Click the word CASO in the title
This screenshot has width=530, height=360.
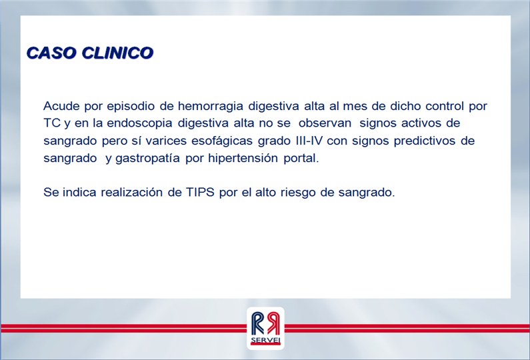pos(52,53)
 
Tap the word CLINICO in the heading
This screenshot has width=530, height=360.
pos(117,53)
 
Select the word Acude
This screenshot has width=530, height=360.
pos(61,106)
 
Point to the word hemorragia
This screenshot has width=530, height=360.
pos(211,106)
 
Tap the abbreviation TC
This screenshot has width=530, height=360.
pos(52,123)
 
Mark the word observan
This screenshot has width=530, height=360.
pos(325,123)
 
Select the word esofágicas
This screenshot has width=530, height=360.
pos(222,141)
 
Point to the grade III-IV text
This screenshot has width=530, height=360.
pos(309,141)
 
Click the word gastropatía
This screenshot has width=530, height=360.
pos(148,159)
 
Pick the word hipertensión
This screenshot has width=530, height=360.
pos(243,159)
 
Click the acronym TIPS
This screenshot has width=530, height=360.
pos(200,193)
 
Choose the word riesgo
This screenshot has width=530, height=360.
pos(297,193)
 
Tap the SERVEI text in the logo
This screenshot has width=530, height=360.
pos(265,341)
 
